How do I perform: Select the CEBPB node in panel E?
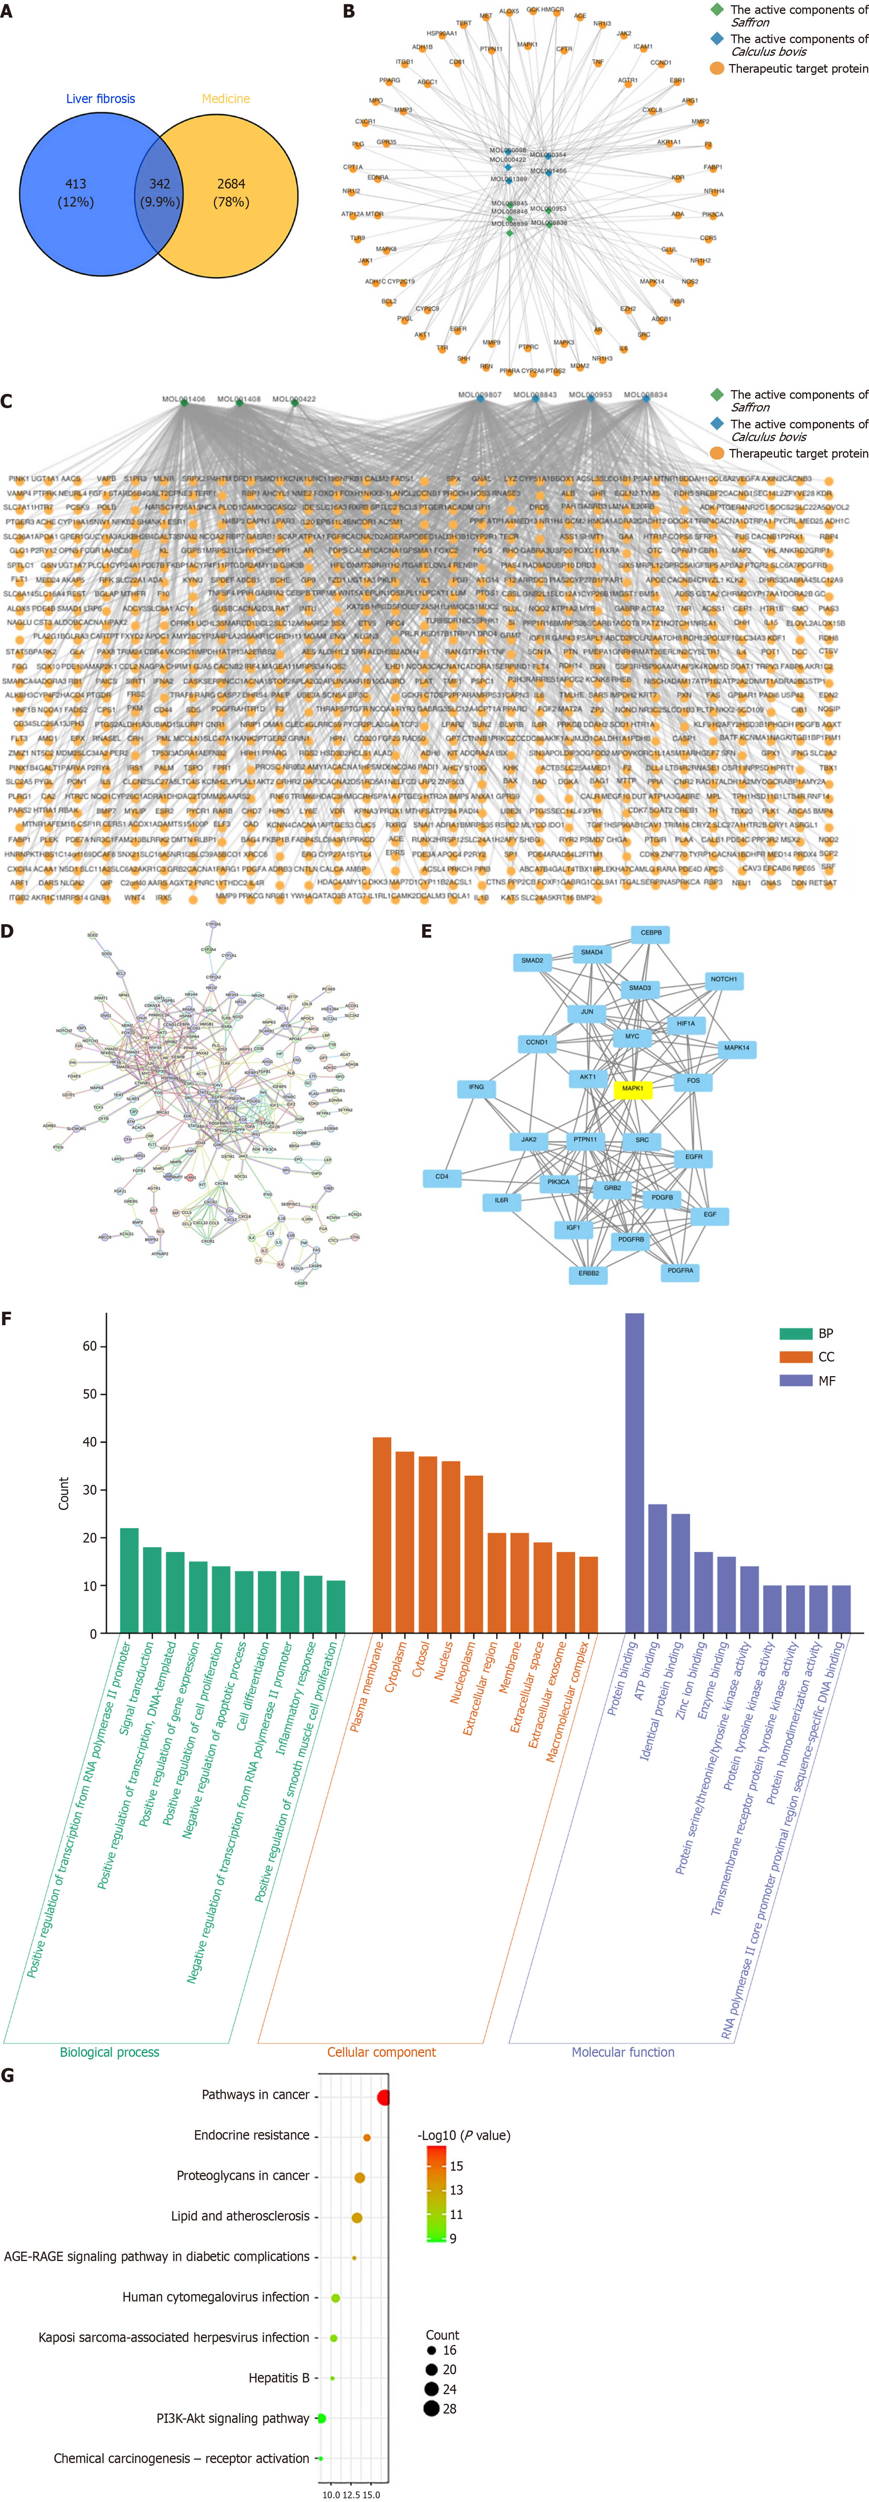651,932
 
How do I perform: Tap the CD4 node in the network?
442,1177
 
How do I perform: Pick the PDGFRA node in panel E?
680,1270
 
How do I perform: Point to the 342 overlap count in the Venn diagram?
159,184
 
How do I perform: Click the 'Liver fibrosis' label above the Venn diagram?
101,99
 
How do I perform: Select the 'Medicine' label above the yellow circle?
225,99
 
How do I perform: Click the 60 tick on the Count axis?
89,1346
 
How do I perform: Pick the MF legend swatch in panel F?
795,1380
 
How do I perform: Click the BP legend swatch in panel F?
795,1333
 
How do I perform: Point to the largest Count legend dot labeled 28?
431,2408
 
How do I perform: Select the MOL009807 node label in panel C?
480,394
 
